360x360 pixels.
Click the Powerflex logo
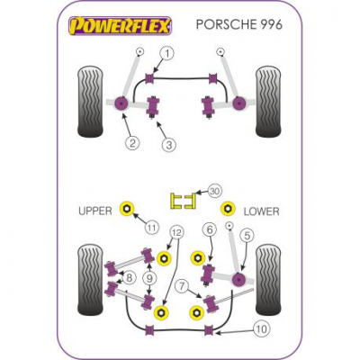(121, 26)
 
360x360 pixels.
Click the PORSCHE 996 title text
(239, 25)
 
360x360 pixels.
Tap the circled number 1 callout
(168, 54)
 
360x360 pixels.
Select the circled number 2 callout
(132, 143)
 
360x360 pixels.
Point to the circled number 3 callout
(168, 145)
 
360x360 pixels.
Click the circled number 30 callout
(214, 191)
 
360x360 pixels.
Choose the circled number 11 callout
(152, 229)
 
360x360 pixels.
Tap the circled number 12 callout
(177, 232)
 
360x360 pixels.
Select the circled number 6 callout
(210, 229)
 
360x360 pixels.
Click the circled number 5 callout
(247, 236)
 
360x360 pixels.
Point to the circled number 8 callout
(129, 278)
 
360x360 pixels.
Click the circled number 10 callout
(262, 329)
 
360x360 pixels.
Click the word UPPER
(95, 211)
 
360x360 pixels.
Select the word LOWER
(261, 211)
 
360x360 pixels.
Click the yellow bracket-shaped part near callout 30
(184, 201)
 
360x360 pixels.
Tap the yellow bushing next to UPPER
(127, 208)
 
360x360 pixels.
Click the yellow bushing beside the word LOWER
(228, 208)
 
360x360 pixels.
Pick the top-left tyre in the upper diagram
(90, 103)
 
